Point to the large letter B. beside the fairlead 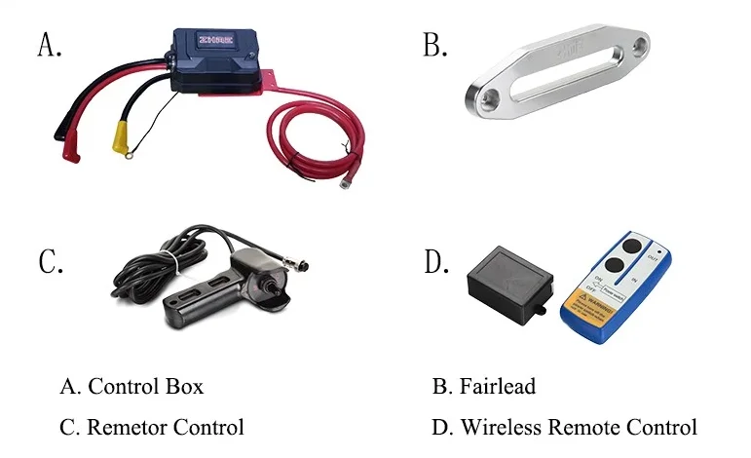pos(434,45)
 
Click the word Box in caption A pos(186,386)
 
